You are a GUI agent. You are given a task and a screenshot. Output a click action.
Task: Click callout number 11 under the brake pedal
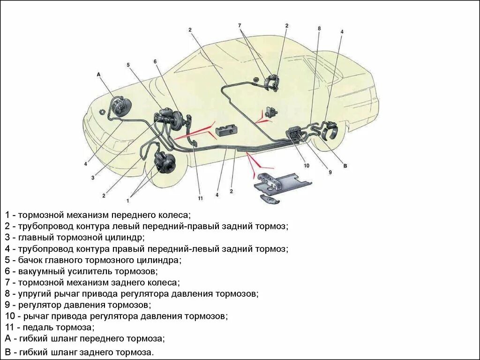pyautogui.click(x=200, y=199)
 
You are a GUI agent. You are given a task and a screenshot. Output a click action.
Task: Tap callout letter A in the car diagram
pyautogui.click(x=98, y=75)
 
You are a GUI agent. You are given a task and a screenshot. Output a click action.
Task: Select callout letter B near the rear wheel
pyautogui.click(x=345, y=166)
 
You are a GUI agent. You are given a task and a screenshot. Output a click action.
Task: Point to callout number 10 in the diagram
pyautogui.click(x=306, y=165)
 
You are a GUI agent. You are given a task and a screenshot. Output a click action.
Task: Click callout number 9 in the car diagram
pyautogui.click(x=330, y=172)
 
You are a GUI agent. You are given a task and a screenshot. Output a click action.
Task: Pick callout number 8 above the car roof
pyautogui.click(x=319, y=29)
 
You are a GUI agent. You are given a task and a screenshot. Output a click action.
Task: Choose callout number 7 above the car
pyautogui.click(x=239, y=25)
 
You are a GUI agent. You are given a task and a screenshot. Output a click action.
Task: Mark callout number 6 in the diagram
pyautogui.click(x=155, y=61)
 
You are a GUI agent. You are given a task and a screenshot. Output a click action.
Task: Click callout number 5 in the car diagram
pyautogui.click(x=127, y=65)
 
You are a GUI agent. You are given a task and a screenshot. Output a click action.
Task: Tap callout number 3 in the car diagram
pyautogui.click(x=93, y=178)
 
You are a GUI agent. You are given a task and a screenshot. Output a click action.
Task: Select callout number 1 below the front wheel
pyautogui.click(x=127, y=201)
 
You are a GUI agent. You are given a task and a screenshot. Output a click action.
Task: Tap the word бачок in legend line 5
pyautogui.click(x=30, y=260)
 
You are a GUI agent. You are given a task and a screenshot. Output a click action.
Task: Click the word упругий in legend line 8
pyautogui.click(x=34, y=294)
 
